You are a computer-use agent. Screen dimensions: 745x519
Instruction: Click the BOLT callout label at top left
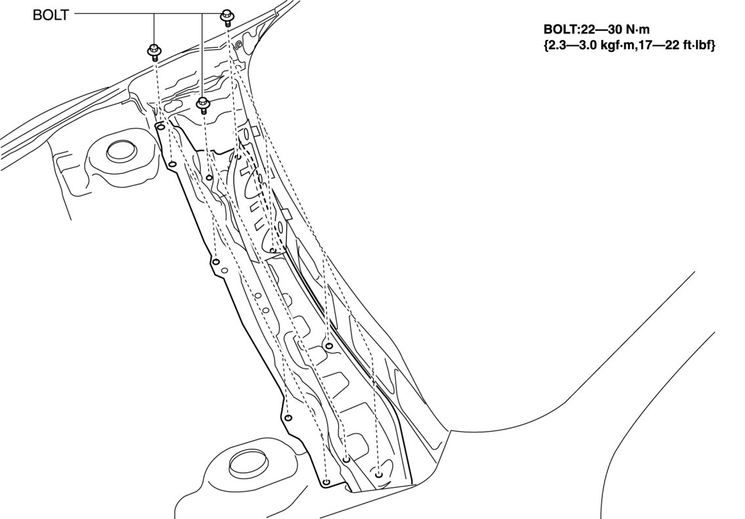click(x=50, y=14)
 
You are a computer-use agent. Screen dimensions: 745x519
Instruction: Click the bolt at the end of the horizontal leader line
click(x=226, y=17)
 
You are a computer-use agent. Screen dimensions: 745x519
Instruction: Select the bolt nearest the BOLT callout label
click(x=154, y=51)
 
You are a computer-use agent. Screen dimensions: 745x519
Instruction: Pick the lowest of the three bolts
click(x=203, y=104)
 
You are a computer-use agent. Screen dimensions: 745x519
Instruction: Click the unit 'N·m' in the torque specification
click(x=637, y=30)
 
